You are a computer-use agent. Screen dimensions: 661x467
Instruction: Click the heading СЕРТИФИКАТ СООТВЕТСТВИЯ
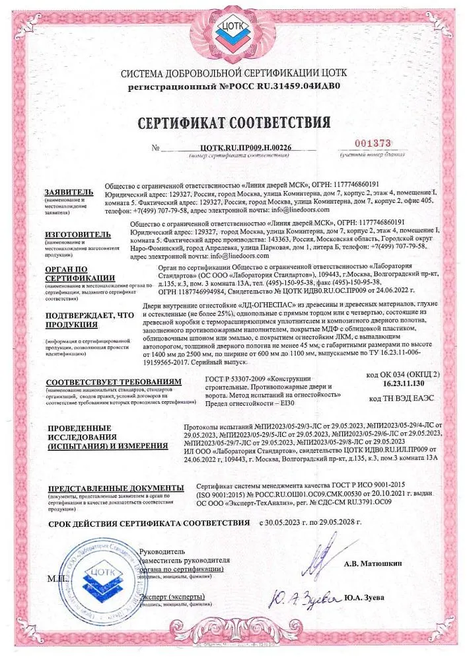(233, 124)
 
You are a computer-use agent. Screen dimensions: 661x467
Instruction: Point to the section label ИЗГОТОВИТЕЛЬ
(72, 233)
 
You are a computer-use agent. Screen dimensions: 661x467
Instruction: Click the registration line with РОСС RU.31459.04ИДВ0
(233, 86)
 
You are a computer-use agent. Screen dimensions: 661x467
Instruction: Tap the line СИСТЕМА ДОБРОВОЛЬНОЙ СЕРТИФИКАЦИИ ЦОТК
(233, 74)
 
